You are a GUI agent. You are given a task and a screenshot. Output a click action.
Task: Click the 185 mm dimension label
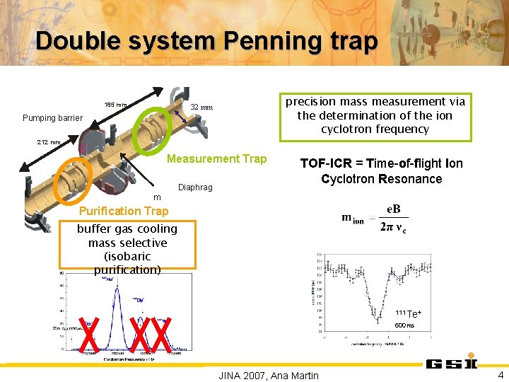click(116, 105)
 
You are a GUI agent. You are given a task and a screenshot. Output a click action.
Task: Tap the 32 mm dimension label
click(201, 108)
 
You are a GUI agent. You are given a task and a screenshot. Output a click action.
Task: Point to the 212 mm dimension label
click(49, 142)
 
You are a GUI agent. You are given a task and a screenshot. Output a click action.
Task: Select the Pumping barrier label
click(53, 117)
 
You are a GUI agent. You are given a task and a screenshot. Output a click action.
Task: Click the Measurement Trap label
click(216, 158)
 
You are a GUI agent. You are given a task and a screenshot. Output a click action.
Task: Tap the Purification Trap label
click(124, 211)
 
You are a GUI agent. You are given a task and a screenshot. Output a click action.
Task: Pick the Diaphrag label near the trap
click(196, 187)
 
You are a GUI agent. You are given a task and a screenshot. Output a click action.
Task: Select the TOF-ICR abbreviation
click(324, 163)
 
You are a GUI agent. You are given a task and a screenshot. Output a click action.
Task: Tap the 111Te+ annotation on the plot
click(409, 313)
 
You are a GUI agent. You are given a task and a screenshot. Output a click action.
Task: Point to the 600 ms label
click(404, 325)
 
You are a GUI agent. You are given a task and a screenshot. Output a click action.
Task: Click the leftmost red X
click(88, 335)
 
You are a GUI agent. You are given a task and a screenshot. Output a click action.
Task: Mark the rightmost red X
click(163, 335)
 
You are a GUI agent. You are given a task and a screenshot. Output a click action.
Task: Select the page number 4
click(501, 375)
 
